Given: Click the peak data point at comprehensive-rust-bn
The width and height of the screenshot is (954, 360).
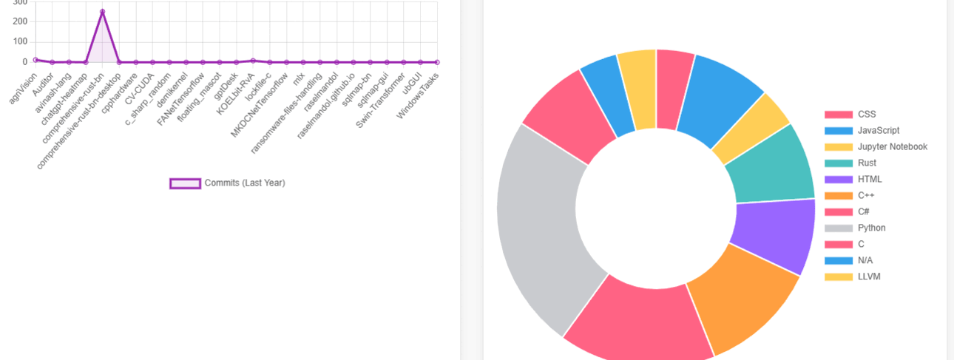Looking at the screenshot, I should [x=102, y=12].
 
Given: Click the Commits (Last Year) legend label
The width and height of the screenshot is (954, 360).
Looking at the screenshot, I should [x=244, y=183].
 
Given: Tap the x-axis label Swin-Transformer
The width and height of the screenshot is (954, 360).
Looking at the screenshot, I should [x=381, y=100].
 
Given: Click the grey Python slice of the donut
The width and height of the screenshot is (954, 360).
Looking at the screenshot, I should [x=544, y=229].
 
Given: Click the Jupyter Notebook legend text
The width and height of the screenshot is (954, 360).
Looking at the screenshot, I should [x=892, y=146].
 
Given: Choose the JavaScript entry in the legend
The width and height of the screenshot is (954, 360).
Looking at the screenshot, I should [x=879, y=130].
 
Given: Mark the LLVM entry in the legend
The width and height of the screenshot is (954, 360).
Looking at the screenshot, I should [x=869, y=276].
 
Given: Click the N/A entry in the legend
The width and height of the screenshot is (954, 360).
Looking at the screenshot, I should [x=866, y=260].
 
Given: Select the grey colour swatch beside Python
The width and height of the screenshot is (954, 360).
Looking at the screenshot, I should [x=839, y=228].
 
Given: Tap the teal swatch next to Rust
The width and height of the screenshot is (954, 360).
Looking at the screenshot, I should [x=839, y=163].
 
